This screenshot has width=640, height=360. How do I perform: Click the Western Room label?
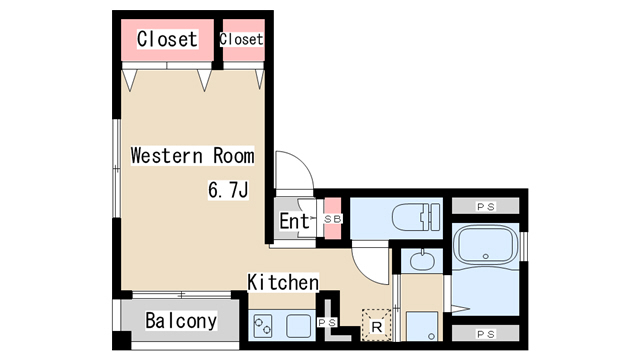coord(192,156)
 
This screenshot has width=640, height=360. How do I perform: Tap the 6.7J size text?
coord(228,190)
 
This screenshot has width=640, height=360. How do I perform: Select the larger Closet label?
coord(167,39)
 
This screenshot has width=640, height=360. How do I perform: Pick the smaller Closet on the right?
coord(241,39)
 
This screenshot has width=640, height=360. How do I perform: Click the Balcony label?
coord(181,321)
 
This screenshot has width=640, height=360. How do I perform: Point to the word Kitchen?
coord(283,282)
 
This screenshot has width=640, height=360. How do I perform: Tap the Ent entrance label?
coord(294,221)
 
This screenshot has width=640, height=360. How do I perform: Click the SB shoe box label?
coord(333,219)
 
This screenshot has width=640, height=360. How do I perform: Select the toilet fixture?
coord(416,218)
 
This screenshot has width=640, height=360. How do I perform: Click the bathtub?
coord(485,246)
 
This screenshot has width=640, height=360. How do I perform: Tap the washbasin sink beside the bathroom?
coord(422,261)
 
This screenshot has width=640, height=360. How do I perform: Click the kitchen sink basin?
coord(298,326)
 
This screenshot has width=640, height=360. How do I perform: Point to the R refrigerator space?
coord(376,325)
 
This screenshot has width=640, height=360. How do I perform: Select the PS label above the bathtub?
coord(486,207)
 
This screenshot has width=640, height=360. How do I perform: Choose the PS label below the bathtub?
coord(486,334)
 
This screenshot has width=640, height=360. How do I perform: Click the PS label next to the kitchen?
coord(327,322)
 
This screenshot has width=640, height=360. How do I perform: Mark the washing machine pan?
coord(422,326)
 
